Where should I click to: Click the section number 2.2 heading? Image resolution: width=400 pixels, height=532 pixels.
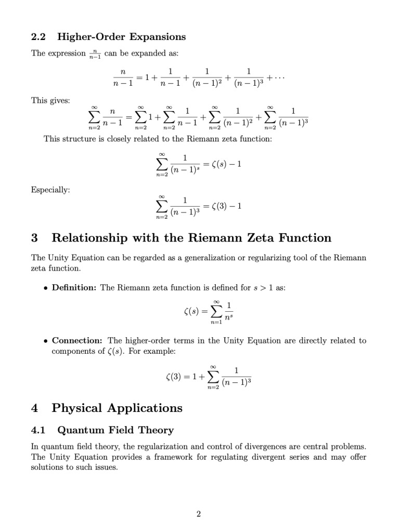tap(38, 37)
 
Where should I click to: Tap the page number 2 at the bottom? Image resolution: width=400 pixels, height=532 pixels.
tap(199, 514)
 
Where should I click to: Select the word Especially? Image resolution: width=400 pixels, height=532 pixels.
tap(50, 190)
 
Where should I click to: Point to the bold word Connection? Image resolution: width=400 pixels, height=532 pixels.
tap(78, 341)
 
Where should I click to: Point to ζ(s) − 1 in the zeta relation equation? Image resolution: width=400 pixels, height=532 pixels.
tap(223, 164)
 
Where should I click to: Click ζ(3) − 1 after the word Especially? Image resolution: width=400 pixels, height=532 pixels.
tap(223, 206)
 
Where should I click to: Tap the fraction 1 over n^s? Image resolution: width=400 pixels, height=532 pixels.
tap(229, 311)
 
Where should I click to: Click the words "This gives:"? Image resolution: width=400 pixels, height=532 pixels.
tap(50, 100)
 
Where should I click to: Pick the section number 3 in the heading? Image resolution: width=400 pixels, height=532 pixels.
tap(34, 238)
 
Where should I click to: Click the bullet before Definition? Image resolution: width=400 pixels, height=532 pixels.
tap(46, 288)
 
